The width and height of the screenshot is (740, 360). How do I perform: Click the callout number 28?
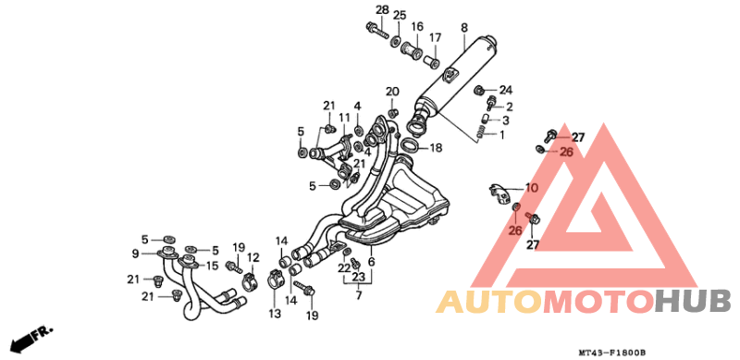tap(382, 9)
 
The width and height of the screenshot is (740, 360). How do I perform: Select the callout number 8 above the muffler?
tap(464, 28)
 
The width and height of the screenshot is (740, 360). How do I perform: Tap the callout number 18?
tap(436, 148)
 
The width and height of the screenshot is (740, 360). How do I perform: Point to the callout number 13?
tap(275, 313)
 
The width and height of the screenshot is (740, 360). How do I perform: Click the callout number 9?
tap(135, 254)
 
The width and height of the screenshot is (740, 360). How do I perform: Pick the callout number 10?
tap(531, 188)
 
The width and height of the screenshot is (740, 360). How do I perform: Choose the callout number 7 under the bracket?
tap(359, 296)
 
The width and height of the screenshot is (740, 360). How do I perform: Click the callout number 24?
tap(506, 90)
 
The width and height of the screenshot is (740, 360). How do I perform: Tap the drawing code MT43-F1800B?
tap(611, 353)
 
